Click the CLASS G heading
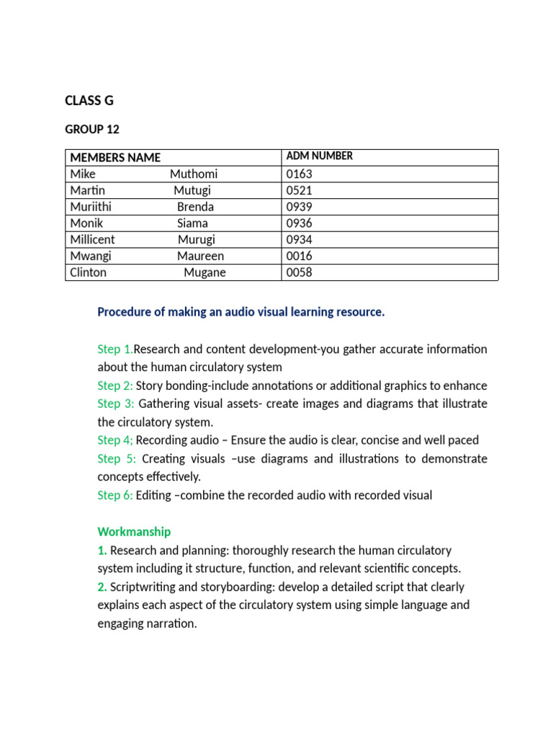[89, 101]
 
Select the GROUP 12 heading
[92, 130]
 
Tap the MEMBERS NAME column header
[115, 158]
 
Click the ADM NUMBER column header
[319, 156]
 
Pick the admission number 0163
[299, 174]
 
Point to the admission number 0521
[299, 190]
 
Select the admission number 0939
[299, 207]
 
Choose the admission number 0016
[299, 256]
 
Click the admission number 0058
[299, 272]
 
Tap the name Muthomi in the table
[194, 174]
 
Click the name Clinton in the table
[88, 272]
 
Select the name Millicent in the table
[92, 239]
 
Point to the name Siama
[192, 223]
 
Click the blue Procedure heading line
[241, 312]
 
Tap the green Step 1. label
[115, 350]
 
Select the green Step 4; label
[115, 440]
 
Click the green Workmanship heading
[134, 532]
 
